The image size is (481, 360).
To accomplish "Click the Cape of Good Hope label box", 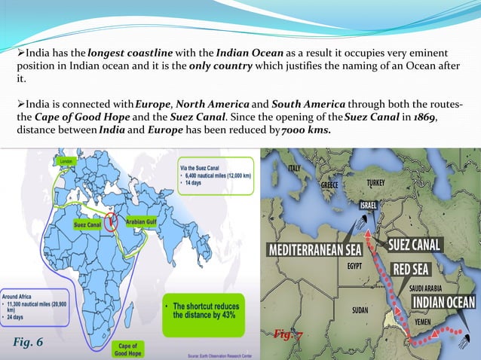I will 127,347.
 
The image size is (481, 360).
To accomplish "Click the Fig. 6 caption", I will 29,343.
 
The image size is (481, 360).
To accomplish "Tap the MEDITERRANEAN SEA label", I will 316,248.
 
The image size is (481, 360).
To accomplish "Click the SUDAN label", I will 360,310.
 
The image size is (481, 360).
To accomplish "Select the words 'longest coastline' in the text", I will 124,52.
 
